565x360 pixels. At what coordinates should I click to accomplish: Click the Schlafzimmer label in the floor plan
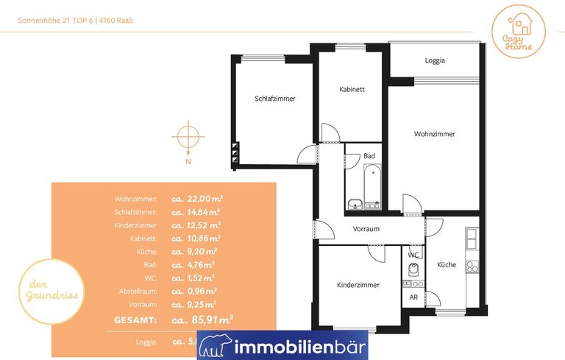pos(275,98)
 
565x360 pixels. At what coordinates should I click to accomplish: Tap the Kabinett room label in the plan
pos(352,89)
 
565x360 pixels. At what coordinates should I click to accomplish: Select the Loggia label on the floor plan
pos(435,60)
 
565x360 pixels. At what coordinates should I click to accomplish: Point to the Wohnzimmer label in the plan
pos(434,134)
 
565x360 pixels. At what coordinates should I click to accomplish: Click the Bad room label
pos(369,156)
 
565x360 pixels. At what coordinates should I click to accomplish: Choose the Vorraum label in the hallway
pos(366,229)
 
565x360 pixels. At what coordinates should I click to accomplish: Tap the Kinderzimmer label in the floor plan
pos(358,284)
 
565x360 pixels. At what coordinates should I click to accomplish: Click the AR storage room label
pos(413,297)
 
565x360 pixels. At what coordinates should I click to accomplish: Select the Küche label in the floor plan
pos(447,264)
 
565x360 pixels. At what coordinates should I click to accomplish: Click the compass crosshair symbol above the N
pos(188,137)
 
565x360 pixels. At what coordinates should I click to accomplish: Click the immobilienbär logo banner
pos(282,345)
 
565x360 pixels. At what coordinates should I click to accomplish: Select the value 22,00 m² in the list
pos(197,199)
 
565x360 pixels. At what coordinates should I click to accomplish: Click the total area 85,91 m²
pos(202,320)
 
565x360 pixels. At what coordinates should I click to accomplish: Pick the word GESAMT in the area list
pos(135,320)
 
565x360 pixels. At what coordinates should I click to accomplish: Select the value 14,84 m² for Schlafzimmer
pos(196,212)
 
